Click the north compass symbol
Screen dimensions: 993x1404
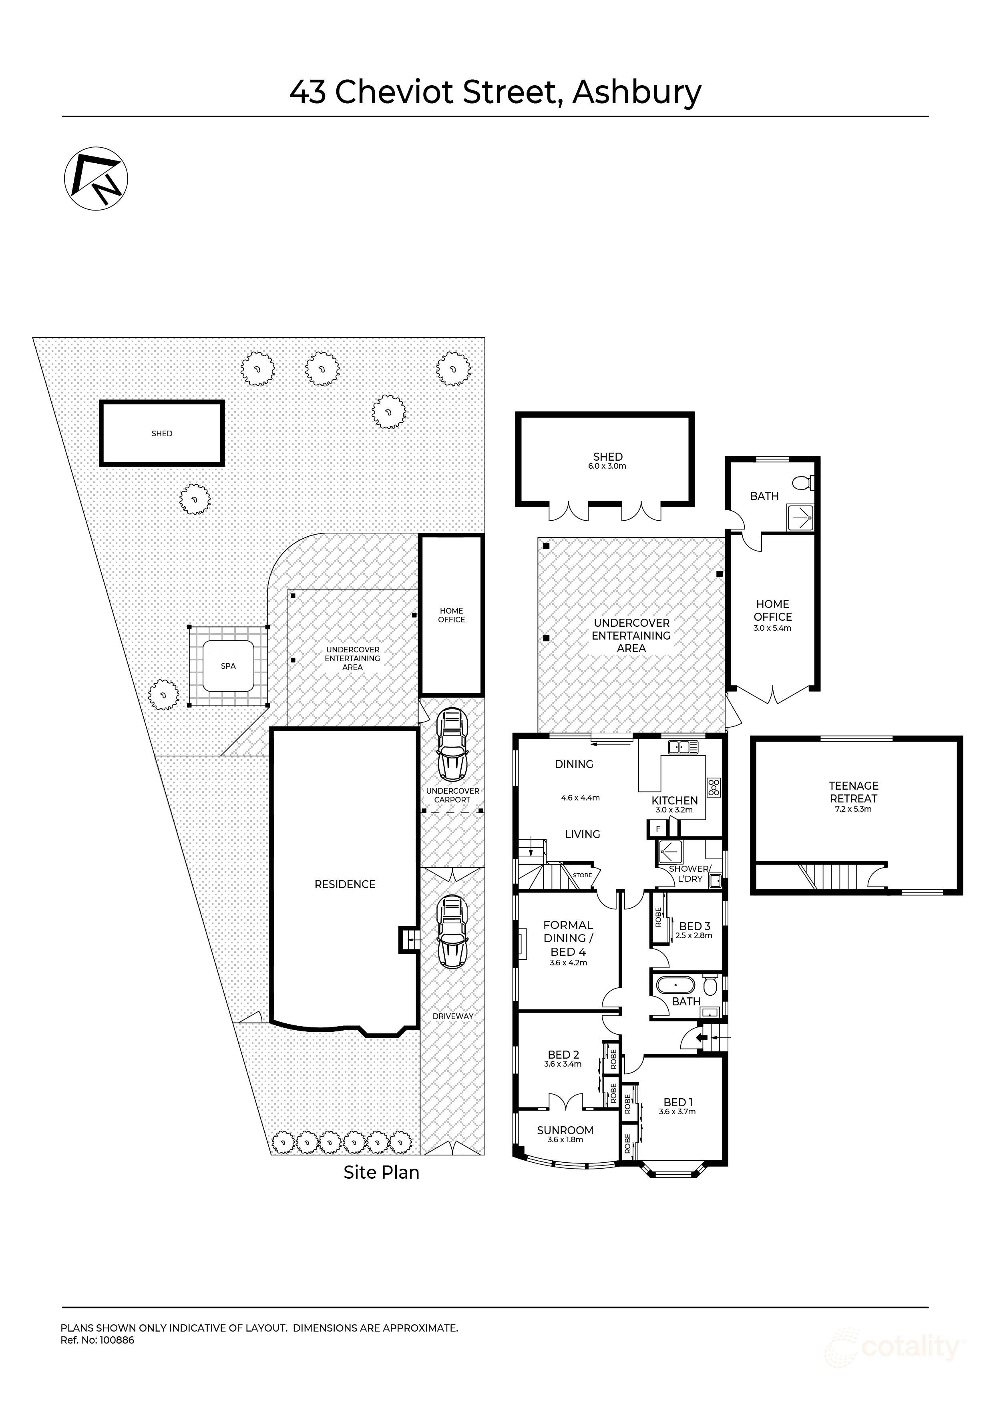point(96,179)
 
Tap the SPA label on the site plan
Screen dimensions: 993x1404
point(228,666)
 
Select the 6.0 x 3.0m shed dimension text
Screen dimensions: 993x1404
point(607,466)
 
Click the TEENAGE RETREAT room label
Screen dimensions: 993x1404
point(854,792)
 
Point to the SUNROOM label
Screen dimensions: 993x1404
point(565,1131)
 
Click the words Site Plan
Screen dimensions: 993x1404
point(381,1172)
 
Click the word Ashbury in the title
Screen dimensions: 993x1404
point(637,92)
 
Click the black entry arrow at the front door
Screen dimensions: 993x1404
point(701,1037)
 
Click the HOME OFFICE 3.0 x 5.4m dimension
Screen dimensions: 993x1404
point(772,628)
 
